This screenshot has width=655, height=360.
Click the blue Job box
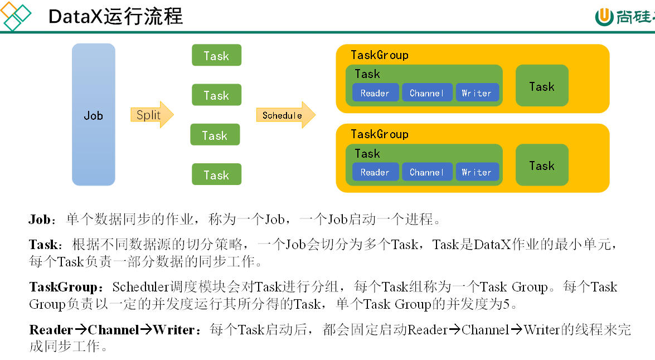tap(94, 114)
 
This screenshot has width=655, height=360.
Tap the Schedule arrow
tap(286, 115)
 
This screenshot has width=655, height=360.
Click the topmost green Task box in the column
tap(216, 55)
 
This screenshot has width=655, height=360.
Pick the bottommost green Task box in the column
tap(216, 174)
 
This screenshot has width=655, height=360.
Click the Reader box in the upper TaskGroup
tap(375, 93)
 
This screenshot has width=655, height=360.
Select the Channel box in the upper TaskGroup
tap(427, 93)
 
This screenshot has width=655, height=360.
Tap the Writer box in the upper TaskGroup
tap(477, 93)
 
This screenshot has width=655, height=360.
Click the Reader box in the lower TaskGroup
tap(375, 172)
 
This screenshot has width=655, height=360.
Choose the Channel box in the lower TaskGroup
tap(427, 172)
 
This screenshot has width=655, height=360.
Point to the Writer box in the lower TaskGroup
tap(477, 172)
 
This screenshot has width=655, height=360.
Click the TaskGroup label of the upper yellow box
tap(379, 55)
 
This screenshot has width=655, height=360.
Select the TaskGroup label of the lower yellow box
tap(379, 134)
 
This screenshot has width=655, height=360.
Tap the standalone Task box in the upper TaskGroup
tap(542, 86)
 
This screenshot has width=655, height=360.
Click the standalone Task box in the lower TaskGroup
tap(542, 165)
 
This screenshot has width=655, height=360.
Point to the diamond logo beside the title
tap(16, 16)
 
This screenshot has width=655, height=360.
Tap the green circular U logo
tap(604, 17)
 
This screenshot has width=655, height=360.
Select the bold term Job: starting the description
tap(42, 219)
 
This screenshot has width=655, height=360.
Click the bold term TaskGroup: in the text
tap(66, 287)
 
